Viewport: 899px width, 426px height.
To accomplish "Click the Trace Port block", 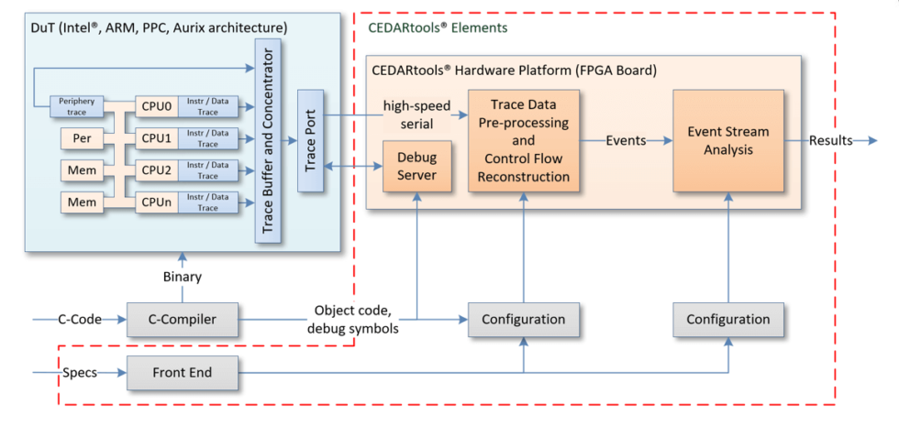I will click(311, 140).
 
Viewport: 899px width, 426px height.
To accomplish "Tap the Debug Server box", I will click(417, 166).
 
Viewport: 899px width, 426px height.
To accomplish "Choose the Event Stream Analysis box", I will click(728, 140).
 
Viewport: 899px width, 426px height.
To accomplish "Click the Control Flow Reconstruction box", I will click(524, 140).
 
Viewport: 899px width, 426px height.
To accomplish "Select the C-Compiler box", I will click(182, 320).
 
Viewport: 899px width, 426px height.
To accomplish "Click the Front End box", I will click(182, 373).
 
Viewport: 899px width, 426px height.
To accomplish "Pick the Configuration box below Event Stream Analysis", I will click(727, 320).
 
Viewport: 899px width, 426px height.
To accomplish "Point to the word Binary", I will click(182, 276).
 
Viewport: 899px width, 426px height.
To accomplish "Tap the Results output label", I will click(830, 140).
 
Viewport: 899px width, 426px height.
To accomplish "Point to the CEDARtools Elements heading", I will click(437, 28).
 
